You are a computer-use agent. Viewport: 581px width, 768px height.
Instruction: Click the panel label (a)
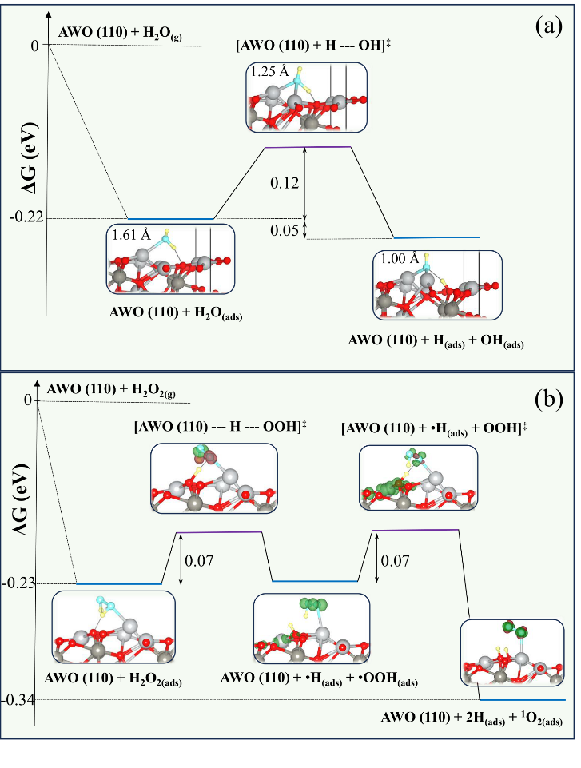pos(549,26)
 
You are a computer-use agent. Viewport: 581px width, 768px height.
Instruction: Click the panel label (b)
pos(548,399)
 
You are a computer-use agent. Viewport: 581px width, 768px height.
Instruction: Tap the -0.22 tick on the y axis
pos(26,217)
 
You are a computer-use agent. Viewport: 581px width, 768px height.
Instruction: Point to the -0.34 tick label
pos(18,700)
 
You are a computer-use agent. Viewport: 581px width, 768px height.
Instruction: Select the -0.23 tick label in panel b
pos(18,583)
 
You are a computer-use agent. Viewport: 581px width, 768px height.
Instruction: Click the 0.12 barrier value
pos(285,183)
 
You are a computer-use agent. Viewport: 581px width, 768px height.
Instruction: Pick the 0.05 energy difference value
pos(285,230)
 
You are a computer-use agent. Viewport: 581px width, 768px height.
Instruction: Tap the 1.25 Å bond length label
pos(270,72)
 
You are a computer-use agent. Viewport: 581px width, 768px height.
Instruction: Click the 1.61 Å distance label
pos(131,235)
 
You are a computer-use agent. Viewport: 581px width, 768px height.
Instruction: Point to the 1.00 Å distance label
pos(400,259)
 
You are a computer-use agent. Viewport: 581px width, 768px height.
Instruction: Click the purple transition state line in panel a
pos(308,147)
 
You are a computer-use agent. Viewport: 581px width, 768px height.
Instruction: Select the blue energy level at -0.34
pos(522,700)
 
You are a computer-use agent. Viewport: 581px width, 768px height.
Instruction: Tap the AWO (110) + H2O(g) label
pos(121,34)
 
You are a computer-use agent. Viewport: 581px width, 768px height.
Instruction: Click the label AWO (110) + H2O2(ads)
pos(113,678)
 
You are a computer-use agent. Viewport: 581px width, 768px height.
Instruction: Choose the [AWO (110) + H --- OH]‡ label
pos(313,46)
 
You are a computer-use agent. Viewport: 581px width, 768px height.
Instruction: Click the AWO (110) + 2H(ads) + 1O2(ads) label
pos(472,718)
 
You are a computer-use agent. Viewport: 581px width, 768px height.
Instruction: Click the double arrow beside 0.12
pos(305,183)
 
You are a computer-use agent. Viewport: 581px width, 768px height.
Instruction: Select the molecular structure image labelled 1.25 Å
pos(306,97)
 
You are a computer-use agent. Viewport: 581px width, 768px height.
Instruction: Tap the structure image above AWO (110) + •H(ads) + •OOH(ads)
pos(312,628)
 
